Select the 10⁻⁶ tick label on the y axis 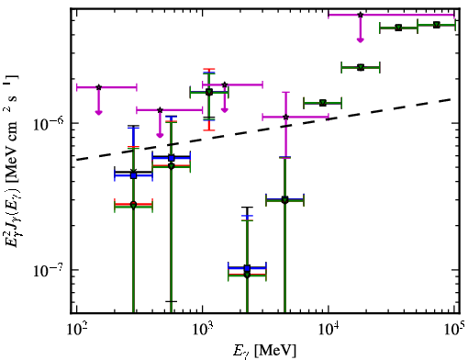click(48, 123)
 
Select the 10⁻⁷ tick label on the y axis click(48, 270)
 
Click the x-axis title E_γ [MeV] click(264, 351)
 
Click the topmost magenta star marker click(361, 15)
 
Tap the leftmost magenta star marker click(98, 87)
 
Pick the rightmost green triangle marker click(437, 25)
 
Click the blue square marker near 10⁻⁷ click(247, 268)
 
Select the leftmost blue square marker click(133, 175)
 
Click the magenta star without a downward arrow click(285, 117)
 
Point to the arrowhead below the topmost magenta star click(361, 40)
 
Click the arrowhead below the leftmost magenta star click(98, 113)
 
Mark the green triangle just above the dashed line click(322, 103)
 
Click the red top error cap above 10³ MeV click(209, 69)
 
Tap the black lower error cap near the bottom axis click(171, 301)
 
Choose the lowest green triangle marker click(247, 276)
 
